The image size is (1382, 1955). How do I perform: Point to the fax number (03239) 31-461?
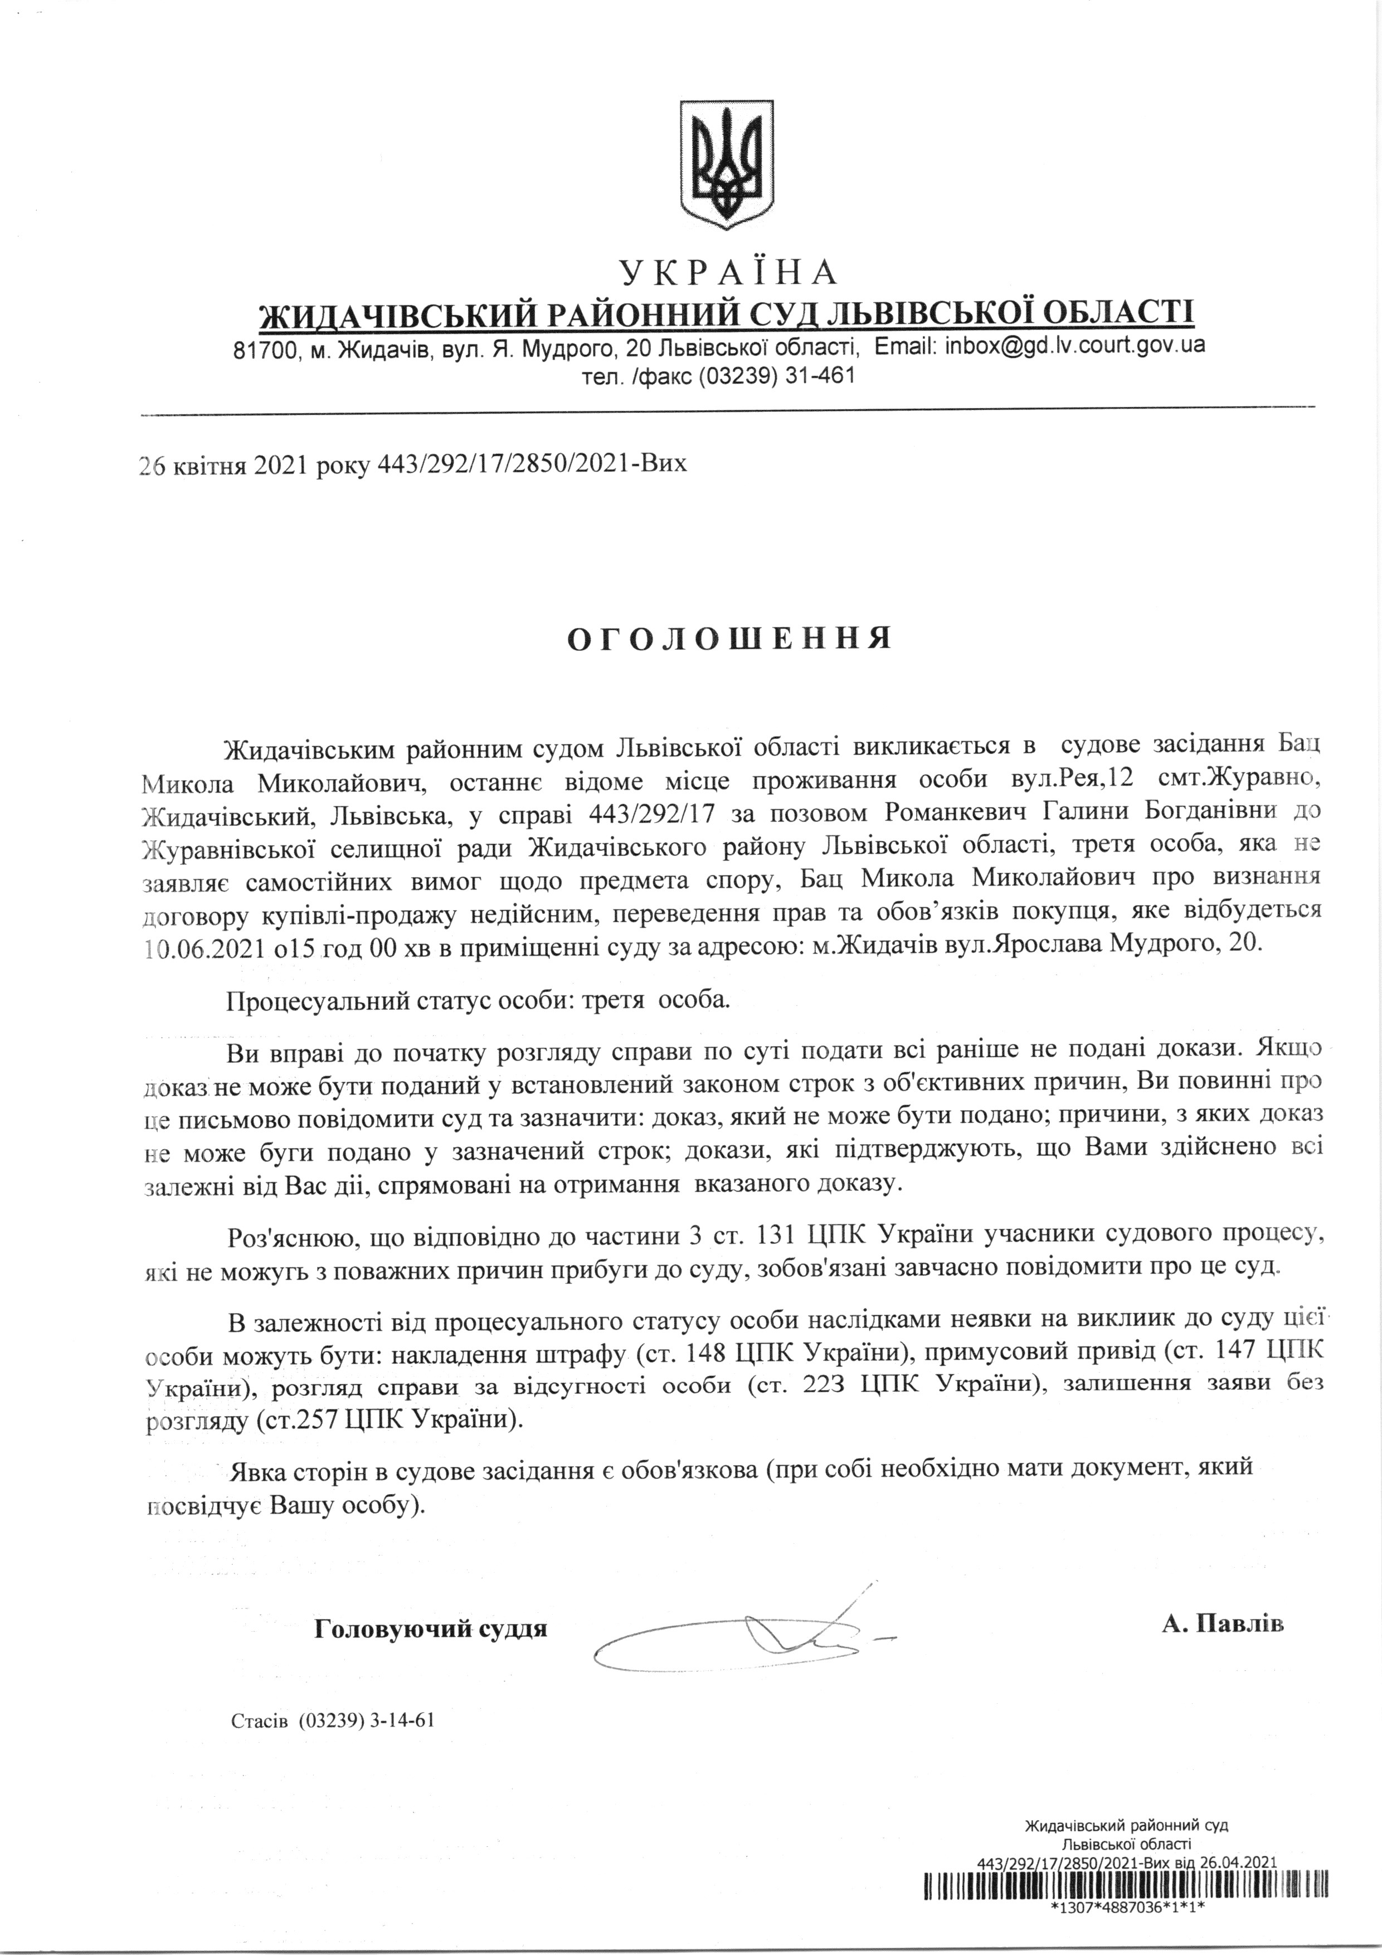click(x=776, y=376)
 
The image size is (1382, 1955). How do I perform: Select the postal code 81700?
click(x=264, y=349)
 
